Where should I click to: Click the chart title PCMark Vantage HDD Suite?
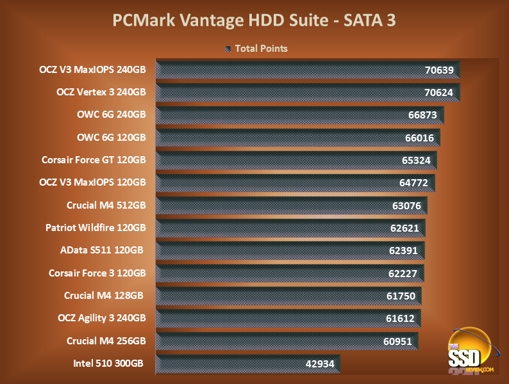pos(254,20)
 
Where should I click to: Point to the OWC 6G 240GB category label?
pos(111,115)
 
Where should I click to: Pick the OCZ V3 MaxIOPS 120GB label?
pos(93,182)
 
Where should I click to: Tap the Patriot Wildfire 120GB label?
pos(96,227)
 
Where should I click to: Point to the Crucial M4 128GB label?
pos(104,295)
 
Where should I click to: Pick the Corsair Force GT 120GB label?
pos(94,159)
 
